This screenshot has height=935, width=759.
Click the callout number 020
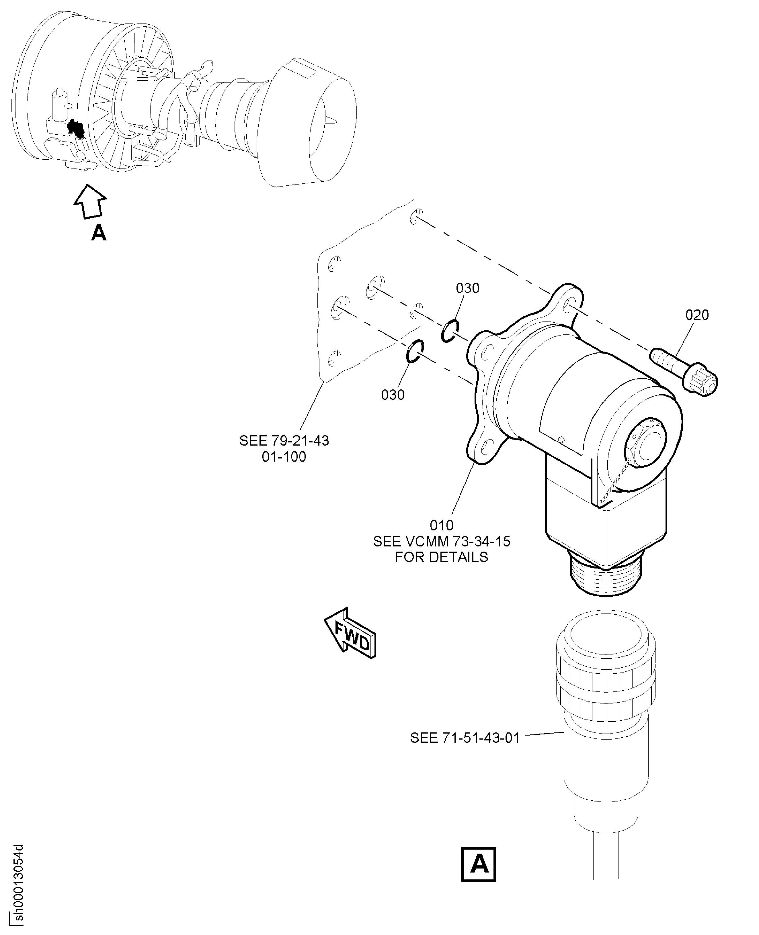[696, 315]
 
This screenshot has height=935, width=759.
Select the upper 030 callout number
[467, 288]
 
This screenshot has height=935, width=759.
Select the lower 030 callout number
[392, 395]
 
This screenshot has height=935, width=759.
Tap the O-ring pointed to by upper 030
[449, 331]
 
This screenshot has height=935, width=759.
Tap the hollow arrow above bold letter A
[90, 201]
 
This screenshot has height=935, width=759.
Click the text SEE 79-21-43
[284, 440]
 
